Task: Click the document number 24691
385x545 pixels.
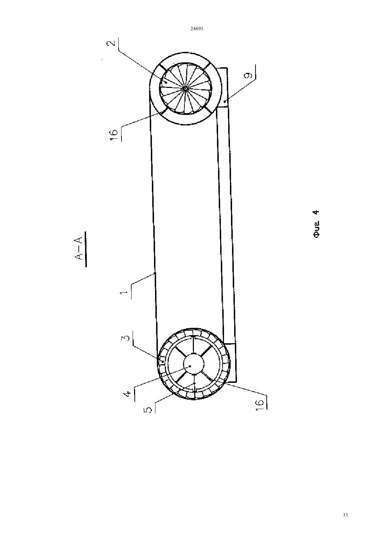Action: (197, 28)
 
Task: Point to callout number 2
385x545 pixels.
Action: (111, 43)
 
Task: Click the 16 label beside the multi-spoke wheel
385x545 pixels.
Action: (114, 135)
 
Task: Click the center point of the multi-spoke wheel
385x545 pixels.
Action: (185, 89)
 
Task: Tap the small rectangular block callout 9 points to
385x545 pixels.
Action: (222, 88)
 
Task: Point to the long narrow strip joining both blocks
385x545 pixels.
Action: (226, 225)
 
